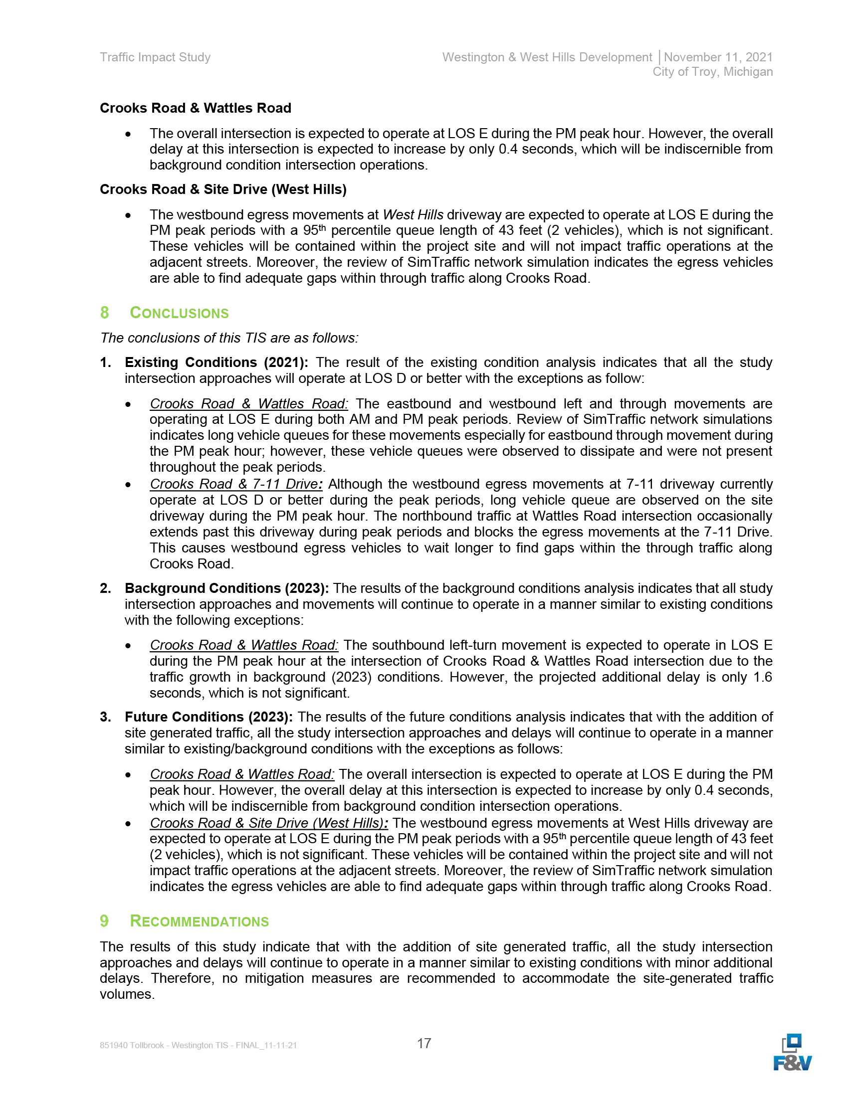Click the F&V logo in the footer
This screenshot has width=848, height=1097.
click(792, 1053)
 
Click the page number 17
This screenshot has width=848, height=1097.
click(424, 1043)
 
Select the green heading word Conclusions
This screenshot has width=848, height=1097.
click(179, 313)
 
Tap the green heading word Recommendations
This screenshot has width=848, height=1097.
click(199, 921)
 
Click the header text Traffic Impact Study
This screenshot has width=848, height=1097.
click(155, 57)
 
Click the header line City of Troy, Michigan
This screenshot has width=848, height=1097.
click(712, 72)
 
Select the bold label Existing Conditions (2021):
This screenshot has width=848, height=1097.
click(216, 362)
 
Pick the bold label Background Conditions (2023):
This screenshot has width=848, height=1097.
click(226, 588)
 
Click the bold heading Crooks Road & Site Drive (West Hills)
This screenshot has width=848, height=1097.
click(223, 189)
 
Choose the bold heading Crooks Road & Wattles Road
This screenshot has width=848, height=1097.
click(196, 108)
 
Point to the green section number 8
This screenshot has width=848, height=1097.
click(104, 313)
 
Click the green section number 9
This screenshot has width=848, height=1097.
click(104, 921)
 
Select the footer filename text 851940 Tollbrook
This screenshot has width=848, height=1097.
click(132, 1045)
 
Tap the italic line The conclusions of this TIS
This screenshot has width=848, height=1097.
click(229, 338)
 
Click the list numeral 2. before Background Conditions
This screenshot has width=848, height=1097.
click(105, 588)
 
